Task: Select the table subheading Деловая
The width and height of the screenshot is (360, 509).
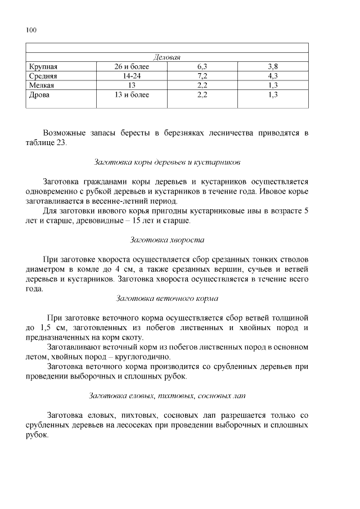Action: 167,58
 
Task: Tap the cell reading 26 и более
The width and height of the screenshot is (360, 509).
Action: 132,67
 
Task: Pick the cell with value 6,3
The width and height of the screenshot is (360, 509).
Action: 202,67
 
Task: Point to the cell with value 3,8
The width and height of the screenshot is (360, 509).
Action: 273,67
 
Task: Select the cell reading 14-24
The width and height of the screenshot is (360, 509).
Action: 132,76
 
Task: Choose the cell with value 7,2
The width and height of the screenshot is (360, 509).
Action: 202,76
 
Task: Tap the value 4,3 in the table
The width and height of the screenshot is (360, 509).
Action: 273,76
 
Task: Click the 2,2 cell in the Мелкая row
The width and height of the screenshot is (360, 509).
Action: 202,85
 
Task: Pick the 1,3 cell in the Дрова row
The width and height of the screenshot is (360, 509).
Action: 273,95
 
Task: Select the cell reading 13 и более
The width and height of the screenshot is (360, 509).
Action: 132,95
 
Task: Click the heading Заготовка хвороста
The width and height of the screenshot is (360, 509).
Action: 167,240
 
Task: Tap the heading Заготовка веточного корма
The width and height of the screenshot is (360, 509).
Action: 167,298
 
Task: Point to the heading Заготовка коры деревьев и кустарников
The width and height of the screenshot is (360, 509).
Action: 167,162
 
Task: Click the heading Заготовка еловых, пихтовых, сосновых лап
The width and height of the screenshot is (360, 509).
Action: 167,395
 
